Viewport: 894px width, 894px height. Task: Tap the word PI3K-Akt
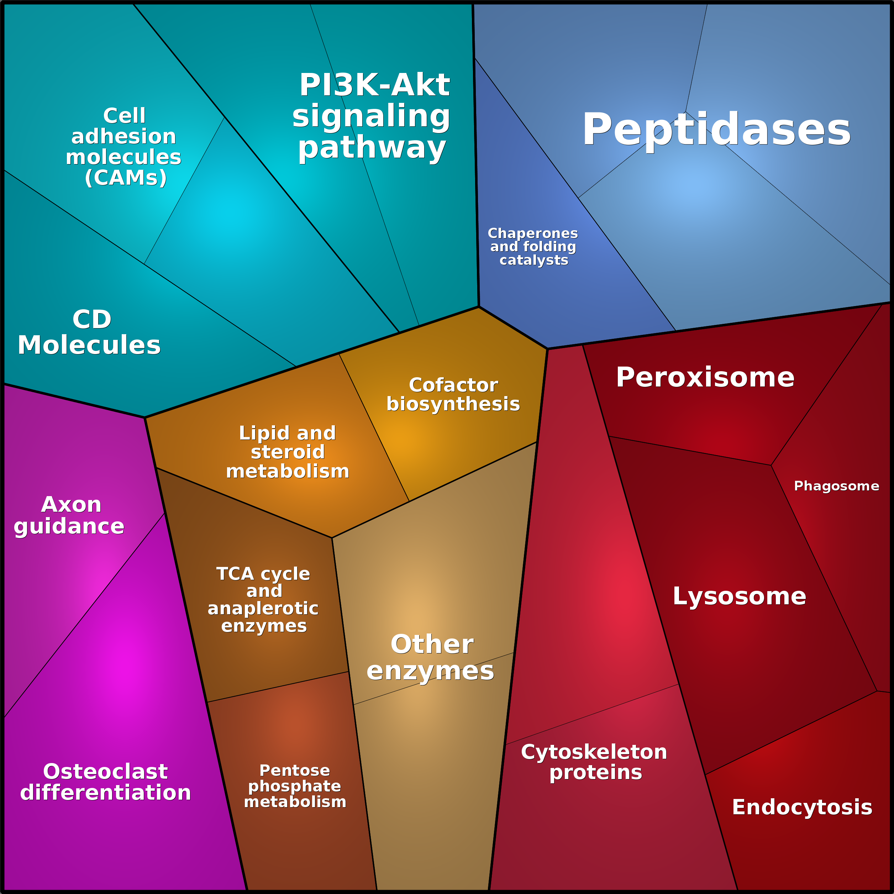click(374, 85)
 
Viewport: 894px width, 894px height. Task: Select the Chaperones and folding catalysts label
click(533, 247)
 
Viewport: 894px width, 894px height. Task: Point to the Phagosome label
click(836, 486)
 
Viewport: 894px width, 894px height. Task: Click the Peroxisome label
click(705, 378)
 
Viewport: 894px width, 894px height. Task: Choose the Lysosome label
click(739, 596)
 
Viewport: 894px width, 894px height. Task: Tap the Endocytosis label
click(802, 807)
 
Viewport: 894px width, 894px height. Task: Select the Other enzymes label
click(431, 658)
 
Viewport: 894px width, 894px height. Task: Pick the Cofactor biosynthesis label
click(453, 395)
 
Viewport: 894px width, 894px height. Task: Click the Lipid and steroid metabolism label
click(287, 452)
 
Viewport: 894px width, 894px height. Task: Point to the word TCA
click(235, 574)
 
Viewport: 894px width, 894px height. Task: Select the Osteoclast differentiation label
click(105, 782)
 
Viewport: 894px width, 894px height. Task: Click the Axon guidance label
click(69, 515)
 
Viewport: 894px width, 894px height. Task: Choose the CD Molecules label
click(90, 332)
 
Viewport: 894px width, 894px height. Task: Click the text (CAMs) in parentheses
click(125, 178)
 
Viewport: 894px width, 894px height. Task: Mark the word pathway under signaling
click(372, 148)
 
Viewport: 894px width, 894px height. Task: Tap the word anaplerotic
click(263, 609)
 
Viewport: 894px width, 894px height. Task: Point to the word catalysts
click(533, 260)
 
